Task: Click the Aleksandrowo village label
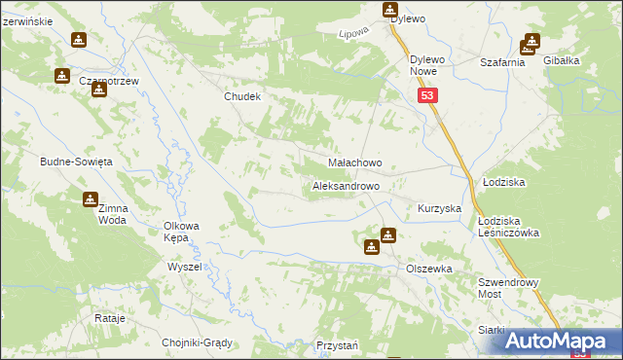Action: [352, 185]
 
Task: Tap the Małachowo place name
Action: [354, 163]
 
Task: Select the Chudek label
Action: [243, 96]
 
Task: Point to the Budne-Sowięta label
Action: [77, 161]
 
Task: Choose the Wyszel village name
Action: [184, 267]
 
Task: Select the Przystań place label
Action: [338, 345]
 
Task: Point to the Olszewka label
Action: [429, 268]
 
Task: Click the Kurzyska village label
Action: [439, 209]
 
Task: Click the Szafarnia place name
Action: [503, 61]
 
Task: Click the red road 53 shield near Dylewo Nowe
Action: [429, 95]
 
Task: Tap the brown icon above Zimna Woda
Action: [91, 199]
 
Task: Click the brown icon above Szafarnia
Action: [531, 42]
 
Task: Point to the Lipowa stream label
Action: [351, 35]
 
